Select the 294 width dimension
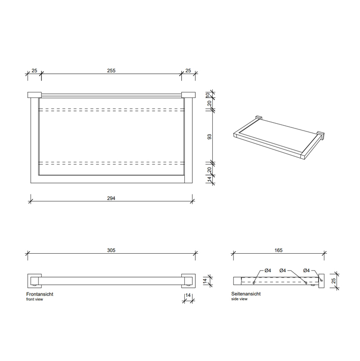click(x=111, y=199)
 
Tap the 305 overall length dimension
click(x=111, y=250)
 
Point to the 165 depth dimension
click(x=279, y=250)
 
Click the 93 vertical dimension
click(x=209, y=137)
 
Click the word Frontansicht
click(x=40, y=294)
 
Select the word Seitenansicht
click(x=246, y=294)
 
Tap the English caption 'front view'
click(x=35, y=299)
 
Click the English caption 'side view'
click(x=239, y=299)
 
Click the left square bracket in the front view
click(x=33, y=280)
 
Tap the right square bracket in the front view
click(x=189, y=280)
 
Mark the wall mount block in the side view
click(x=321, y=280)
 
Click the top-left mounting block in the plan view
click(x=34, y=94)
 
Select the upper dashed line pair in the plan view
click(x=111, y=109)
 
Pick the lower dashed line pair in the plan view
click(x=111, y=164)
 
